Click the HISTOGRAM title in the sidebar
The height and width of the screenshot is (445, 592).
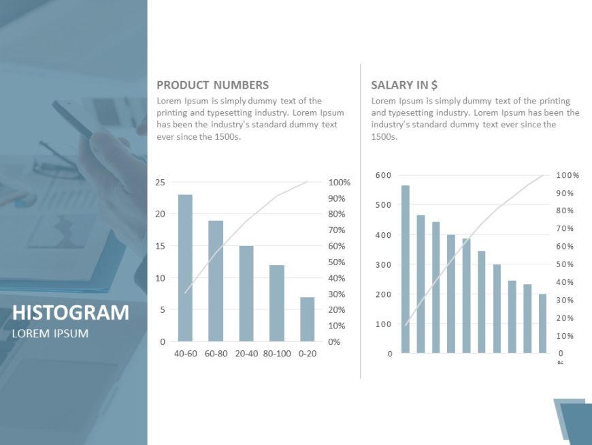[x=71, y=313]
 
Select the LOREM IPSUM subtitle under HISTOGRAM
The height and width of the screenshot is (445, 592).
[x=50, y=333]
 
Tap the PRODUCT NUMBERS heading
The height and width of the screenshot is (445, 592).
[x=212, y=85]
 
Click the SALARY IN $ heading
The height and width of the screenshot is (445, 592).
[x=404, y=85]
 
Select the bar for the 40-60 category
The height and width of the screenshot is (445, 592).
[x=185, y=268]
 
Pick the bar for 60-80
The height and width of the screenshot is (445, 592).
[x=216, y=281]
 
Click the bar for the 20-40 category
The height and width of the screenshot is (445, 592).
[x=246, y=293]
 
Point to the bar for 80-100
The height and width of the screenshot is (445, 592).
[x=276, y=303]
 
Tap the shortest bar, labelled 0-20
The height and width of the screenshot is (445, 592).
[x=307, y=319]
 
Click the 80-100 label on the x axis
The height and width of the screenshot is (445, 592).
[x=276, y=354]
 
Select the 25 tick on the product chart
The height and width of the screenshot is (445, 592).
[x=161, y=182]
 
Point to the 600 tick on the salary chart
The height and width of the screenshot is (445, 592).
[x=384, y=175]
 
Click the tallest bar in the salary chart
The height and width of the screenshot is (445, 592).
[x=406, y=269]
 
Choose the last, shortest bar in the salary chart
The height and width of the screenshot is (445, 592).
[x=542, y=324]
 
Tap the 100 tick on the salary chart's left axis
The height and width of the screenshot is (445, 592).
[x=384, y=324]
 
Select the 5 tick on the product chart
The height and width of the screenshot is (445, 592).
[x=163, y=309]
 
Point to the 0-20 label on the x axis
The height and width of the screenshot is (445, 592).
[x=307, y=354]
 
